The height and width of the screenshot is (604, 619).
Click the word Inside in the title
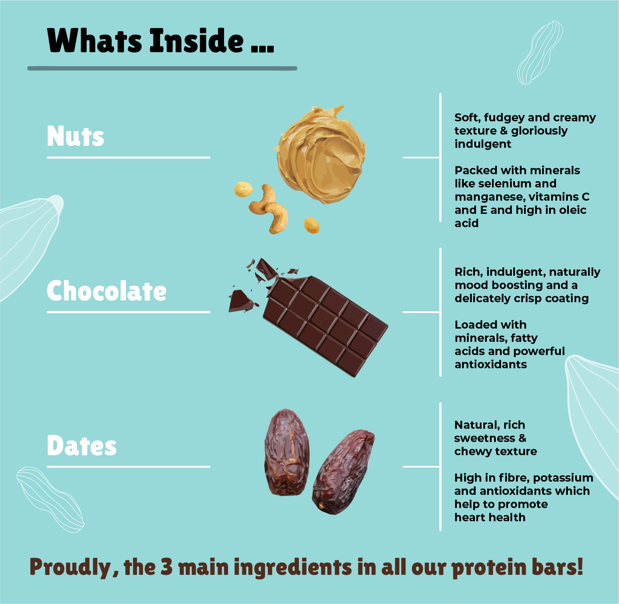[x=197, y=41]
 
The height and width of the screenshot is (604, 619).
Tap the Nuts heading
[x=76, y=136]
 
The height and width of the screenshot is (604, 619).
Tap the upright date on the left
[x=287, y=452]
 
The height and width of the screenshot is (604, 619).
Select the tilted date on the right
[x=343, y=472]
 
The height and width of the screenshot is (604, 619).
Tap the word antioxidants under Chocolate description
[x=491, y=364]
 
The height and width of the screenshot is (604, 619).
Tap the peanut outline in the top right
[x=539, y=52]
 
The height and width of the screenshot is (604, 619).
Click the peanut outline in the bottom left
[x=51, y=499]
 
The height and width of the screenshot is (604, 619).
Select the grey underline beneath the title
[x=162, y=69]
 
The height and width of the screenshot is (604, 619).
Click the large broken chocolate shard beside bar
[x=241, y=301]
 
